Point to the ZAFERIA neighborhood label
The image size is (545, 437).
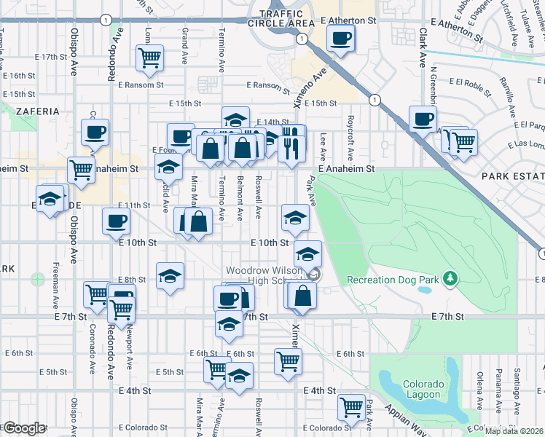click(36, 111)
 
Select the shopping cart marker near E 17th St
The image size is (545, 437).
click(149, 58)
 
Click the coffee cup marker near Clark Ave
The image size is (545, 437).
click(422, 118)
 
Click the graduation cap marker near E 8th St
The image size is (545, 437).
click(170, 275)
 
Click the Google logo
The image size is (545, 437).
click(24, 428)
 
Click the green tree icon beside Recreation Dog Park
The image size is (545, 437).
click(451, 278)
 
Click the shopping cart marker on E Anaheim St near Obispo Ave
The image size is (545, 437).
click(81, 170)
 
